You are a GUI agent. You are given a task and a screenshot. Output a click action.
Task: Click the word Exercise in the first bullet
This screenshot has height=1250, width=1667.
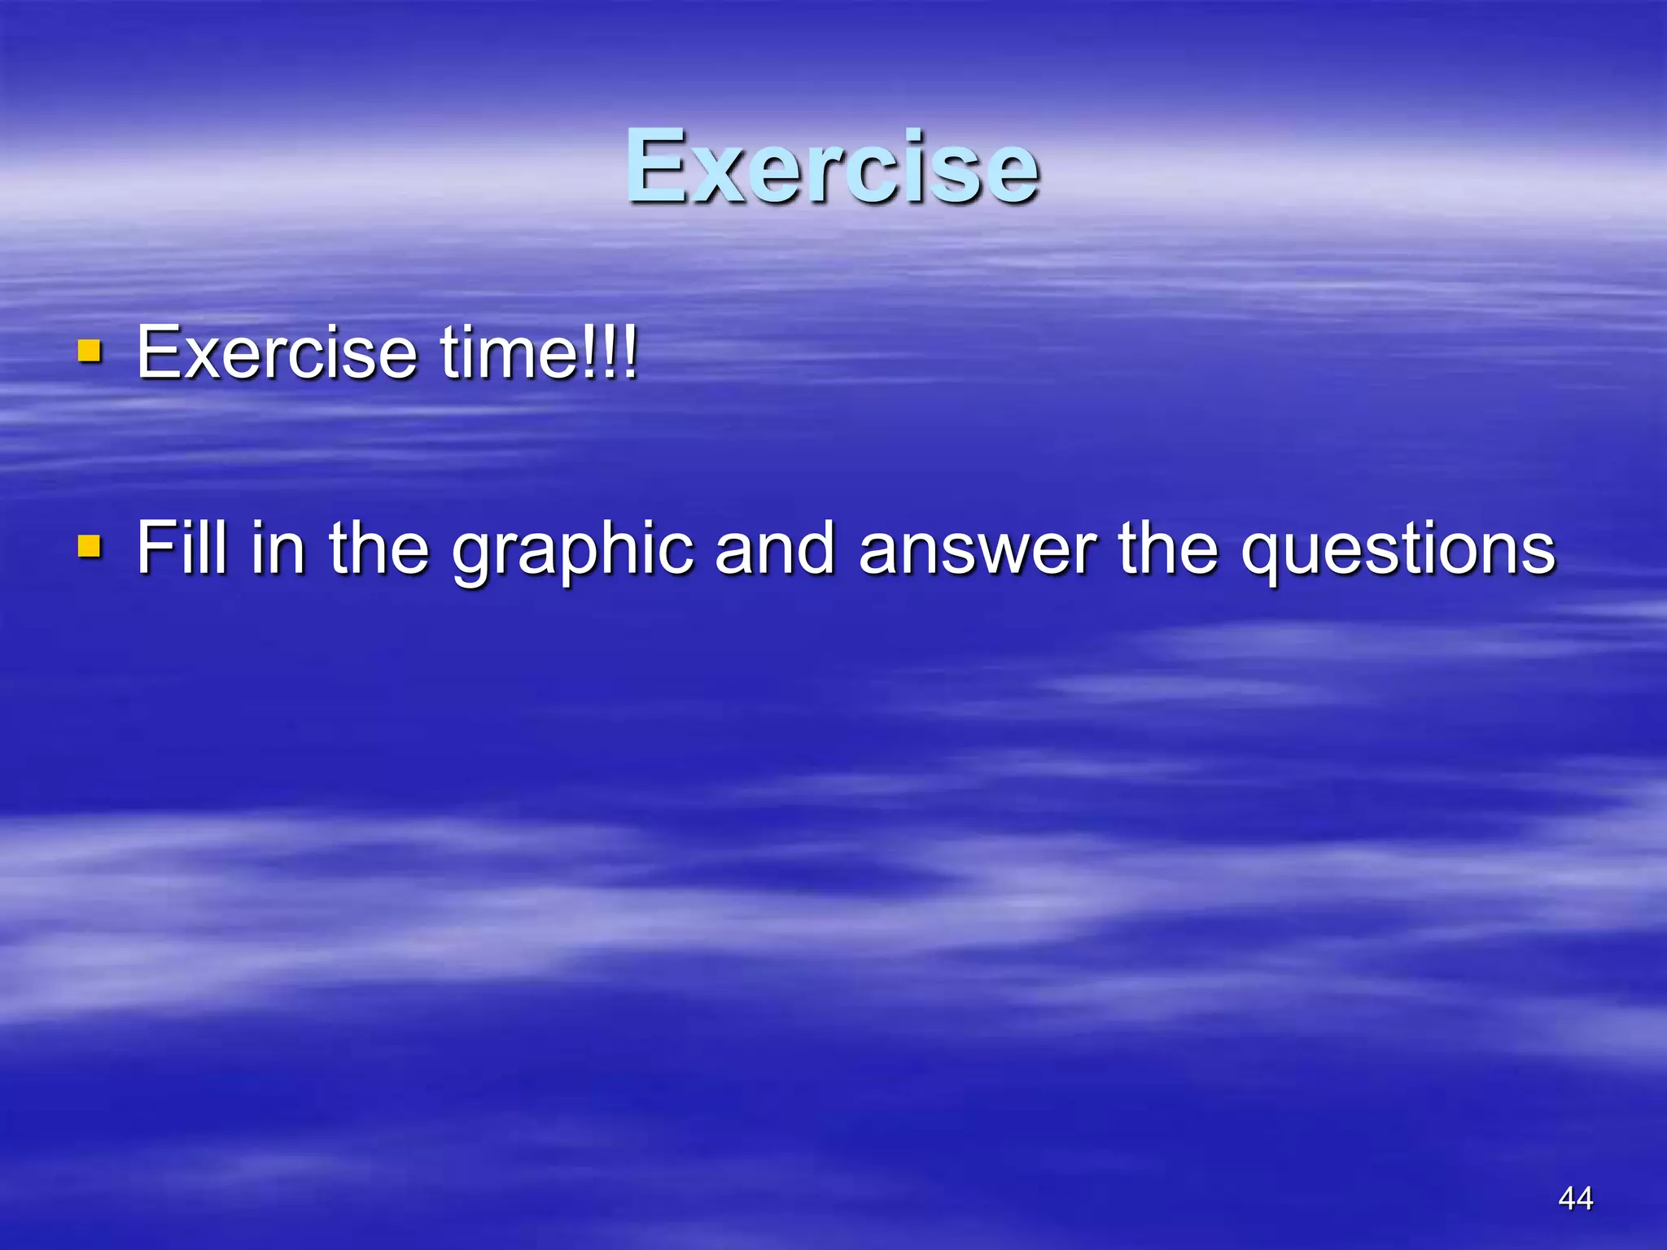(276, 352)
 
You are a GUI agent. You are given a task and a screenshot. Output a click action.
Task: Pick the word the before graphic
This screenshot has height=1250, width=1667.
(378, 548)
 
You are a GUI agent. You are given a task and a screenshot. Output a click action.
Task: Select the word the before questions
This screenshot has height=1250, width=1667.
(1169, 548)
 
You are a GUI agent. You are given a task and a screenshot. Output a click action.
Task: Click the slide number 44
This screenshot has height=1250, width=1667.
(1575, 1198)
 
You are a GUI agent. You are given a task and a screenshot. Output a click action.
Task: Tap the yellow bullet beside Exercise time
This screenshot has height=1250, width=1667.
(90, 352)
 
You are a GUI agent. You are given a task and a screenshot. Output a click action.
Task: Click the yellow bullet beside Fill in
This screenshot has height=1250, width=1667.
(90, 547)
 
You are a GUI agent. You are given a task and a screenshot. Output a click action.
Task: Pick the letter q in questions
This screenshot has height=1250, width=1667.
(1262, 557)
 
